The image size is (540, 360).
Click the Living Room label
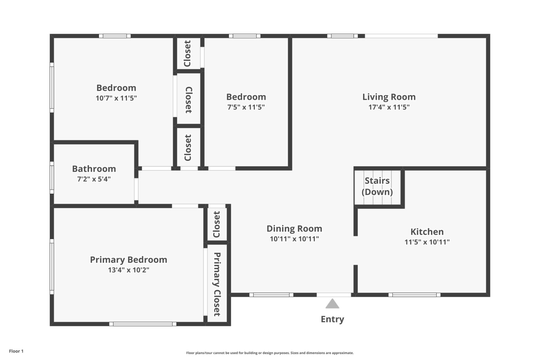(389, 97)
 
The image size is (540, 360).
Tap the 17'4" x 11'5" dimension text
(389, 107)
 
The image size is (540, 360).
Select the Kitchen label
(427, 232)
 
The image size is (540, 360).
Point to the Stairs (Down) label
(377, 186)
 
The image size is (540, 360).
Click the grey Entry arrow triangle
(332, 304)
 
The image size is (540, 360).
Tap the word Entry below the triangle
(332, 319)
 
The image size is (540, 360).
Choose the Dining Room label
(294, 229)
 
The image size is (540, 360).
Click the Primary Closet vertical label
(217, 284)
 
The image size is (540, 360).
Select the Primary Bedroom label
(128, 260)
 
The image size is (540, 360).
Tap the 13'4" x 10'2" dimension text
(128, 270)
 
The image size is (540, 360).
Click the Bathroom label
(94, 169)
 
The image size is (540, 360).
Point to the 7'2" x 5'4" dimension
(94, 179)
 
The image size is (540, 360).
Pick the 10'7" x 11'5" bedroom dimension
(116, 98)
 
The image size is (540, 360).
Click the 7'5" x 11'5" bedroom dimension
(246, 107)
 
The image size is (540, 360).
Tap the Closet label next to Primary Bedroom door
(217, 224)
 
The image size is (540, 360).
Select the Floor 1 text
(16, 351)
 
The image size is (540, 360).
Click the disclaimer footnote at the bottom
(270, 353)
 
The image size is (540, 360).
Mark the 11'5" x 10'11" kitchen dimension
(427, 242)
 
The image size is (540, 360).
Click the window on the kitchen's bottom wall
(414, 295)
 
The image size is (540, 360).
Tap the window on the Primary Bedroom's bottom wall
(143, 324)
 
